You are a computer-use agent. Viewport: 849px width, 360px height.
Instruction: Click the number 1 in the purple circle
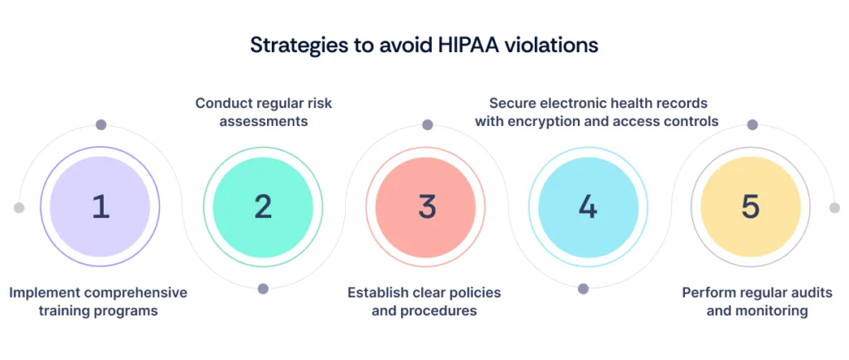point(100,207)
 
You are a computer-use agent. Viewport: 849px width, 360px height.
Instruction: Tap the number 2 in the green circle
point(263,207)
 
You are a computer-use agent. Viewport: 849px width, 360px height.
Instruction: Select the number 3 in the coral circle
point(426,207)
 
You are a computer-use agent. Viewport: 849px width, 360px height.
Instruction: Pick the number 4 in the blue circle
point(588,207)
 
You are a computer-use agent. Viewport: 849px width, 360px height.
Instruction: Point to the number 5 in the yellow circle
point(750,207)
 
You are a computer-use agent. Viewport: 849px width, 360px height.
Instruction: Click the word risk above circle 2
point(315,104)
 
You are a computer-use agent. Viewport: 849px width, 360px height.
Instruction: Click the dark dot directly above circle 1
point(101,125)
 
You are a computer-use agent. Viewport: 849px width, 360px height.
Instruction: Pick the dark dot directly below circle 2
point(263,289)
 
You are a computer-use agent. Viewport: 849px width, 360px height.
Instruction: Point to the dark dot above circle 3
point(427,125)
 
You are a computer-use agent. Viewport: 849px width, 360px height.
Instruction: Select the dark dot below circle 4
point(583,289)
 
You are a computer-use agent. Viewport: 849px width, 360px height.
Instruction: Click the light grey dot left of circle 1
point(19,207)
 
